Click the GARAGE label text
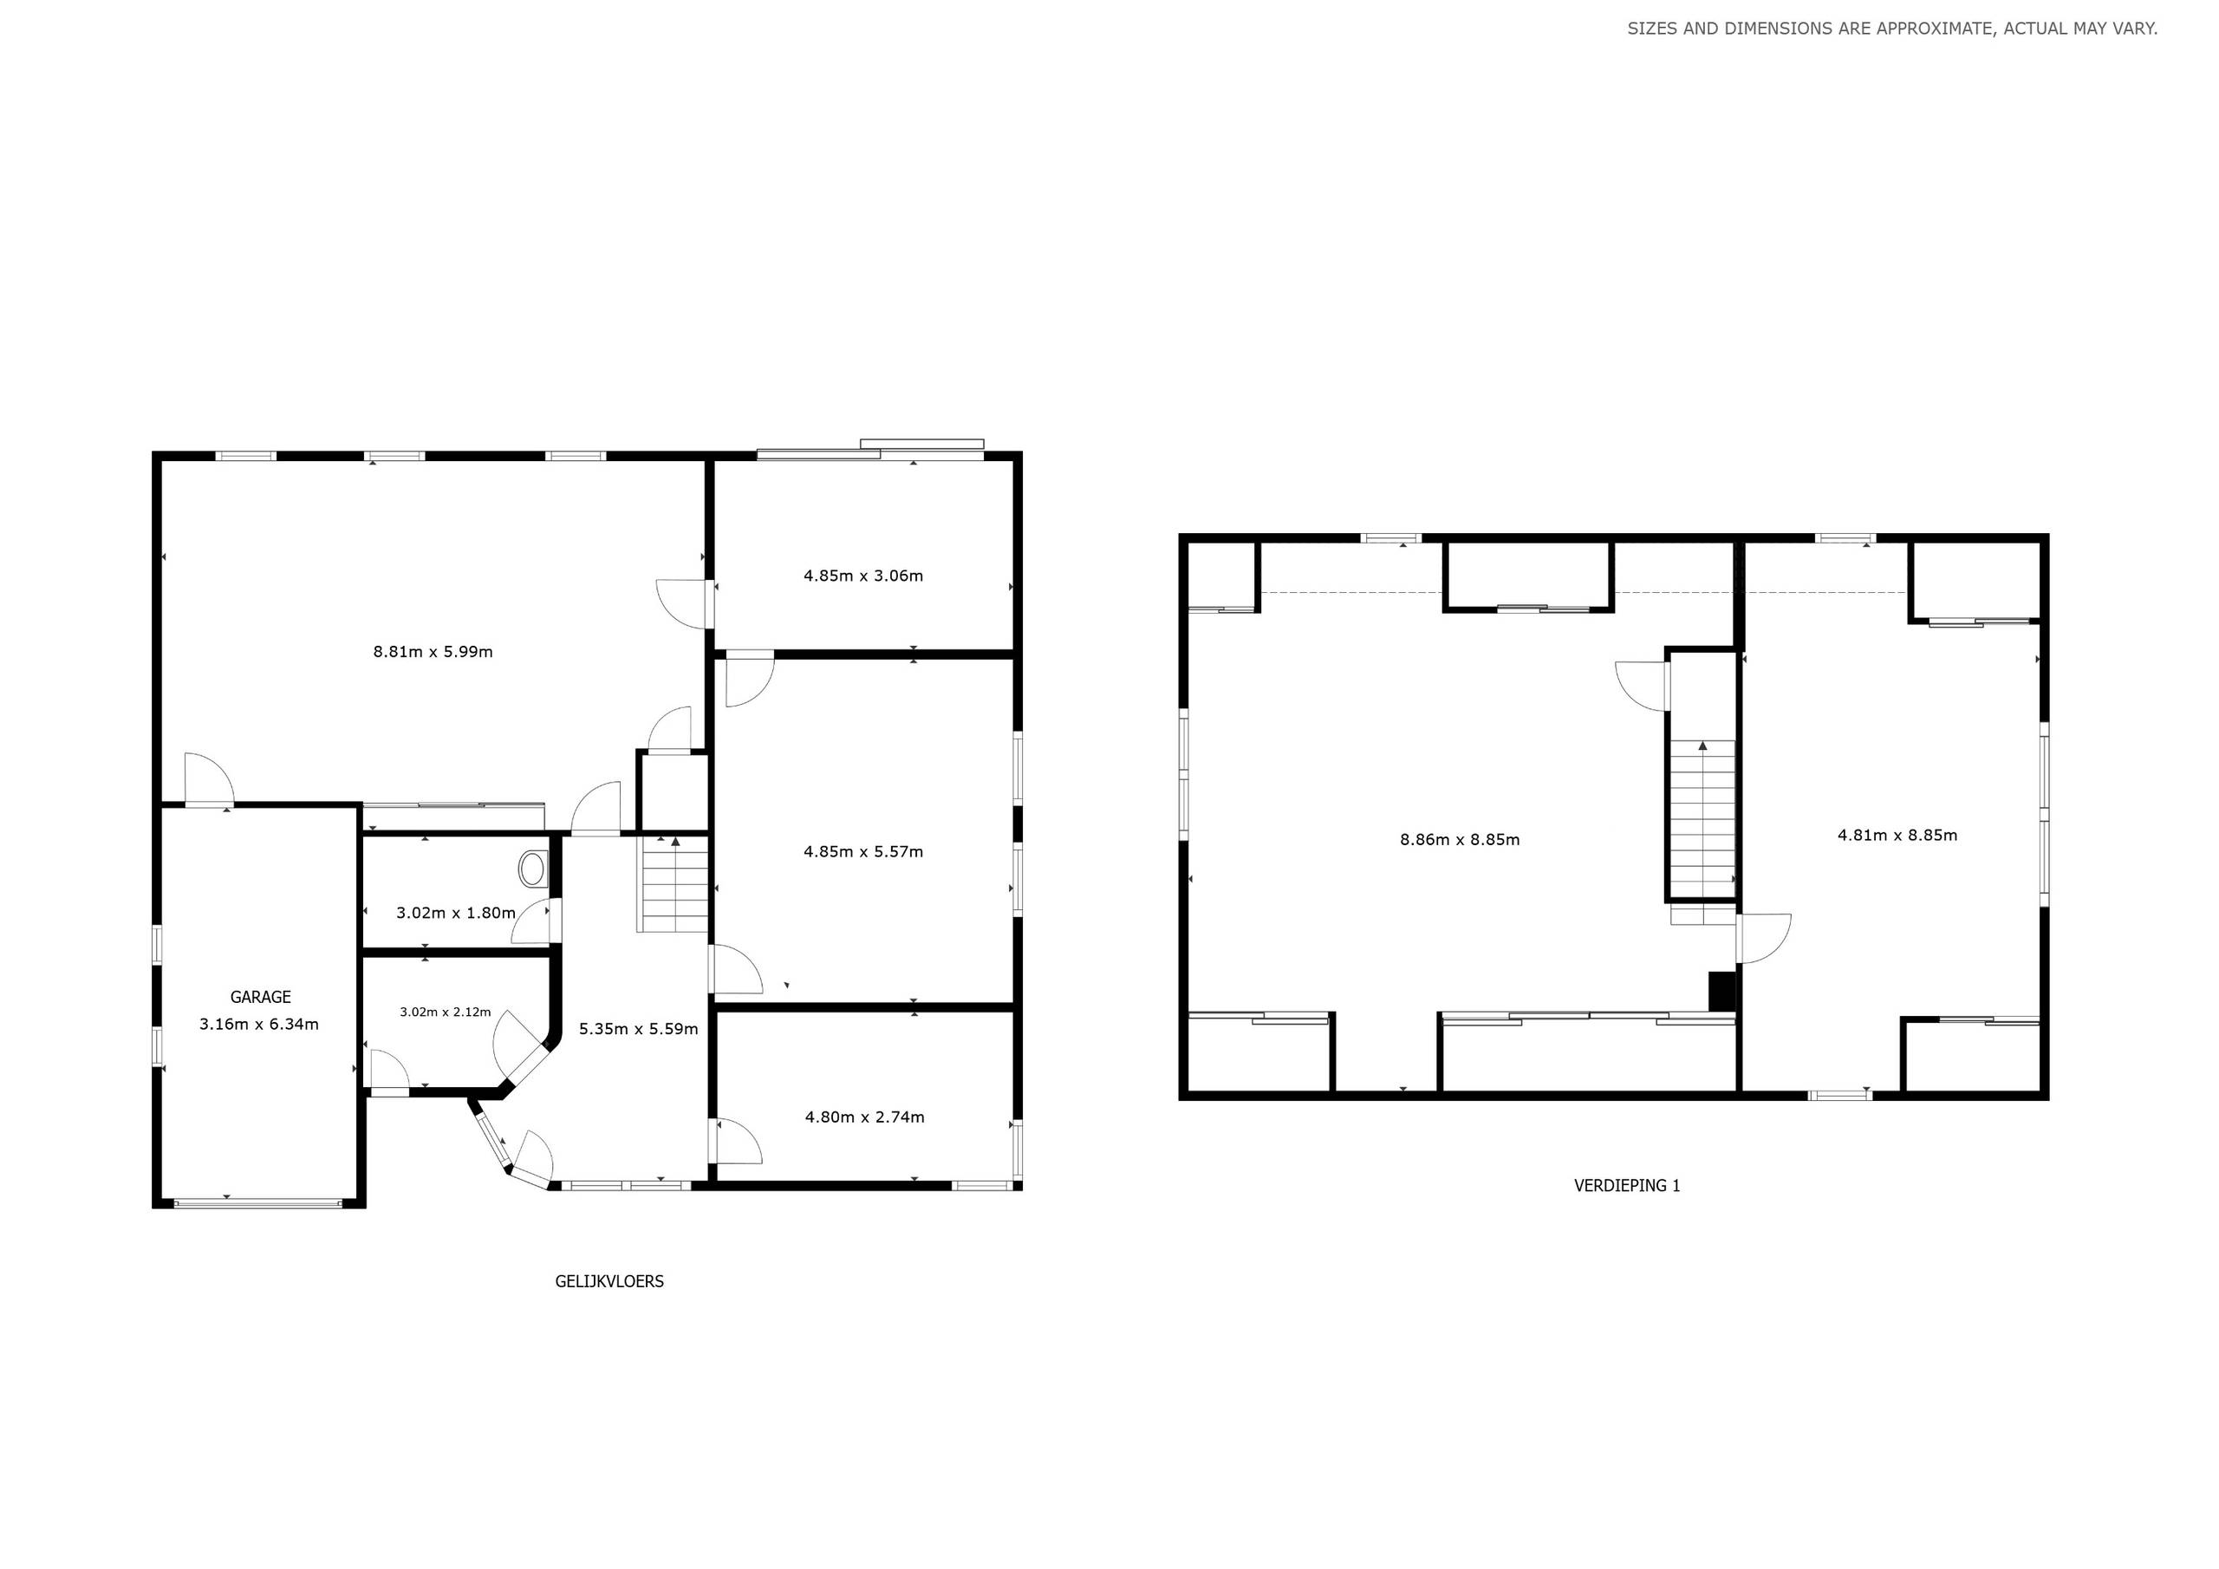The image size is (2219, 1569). [260, 997]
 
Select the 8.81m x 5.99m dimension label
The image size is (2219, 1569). [433, 652]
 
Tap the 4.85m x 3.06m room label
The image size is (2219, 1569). [863, 576]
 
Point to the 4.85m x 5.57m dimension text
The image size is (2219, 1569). [863, 852]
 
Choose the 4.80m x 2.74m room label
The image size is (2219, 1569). [864, 1117]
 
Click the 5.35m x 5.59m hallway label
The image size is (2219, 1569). [638, 1029]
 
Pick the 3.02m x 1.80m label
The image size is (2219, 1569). [455, 913]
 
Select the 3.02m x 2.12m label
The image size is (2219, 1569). [445, 1012]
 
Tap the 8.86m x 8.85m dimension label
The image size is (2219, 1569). [1460, 840]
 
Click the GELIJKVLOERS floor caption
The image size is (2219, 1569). [608, 1282]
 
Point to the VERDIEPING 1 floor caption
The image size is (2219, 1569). [1628, 1185]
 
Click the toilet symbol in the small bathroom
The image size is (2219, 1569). [532, 869]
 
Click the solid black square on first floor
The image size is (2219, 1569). [1721, 991]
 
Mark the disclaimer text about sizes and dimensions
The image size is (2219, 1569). [1891, 29]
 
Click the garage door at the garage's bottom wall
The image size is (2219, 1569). [258, 1203]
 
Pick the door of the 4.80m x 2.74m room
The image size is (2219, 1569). [737, 1142]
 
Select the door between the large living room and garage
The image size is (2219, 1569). [208, 779]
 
